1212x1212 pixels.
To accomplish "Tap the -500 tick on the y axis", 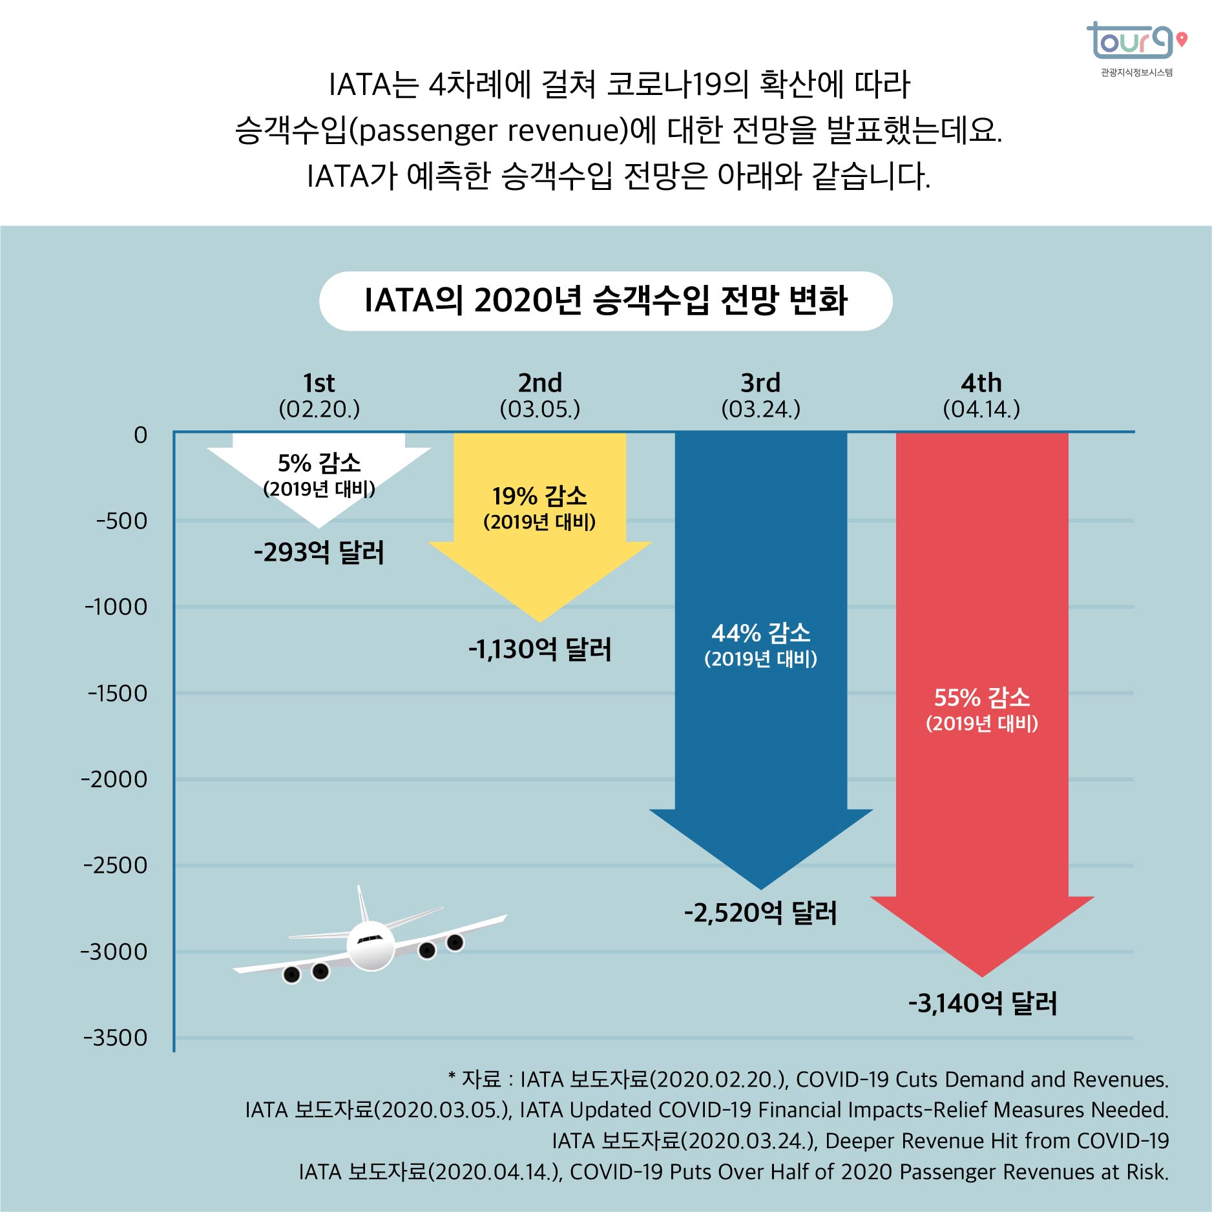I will pos(121,521).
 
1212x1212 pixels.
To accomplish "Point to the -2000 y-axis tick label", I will pos(114,779).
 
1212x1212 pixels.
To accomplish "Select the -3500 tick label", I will pos(116,1038).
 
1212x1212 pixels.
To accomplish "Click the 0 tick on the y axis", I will pos(140,435).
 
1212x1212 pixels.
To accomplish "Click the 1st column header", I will pos(319,383).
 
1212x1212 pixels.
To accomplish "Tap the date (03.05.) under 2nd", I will pos(539,409).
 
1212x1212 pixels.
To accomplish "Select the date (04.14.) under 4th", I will pos(981,409).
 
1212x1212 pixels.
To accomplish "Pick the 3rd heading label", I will pos(760,383).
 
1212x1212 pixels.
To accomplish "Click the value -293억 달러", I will pos(319,552).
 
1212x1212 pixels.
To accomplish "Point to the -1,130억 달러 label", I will pos(539,649).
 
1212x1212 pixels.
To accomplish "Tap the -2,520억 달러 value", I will pos(760,913).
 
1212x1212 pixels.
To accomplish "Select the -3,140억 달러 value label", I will pos(982,1003).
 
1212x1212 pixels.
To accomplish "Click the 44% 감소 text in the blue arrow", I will pos(760,633).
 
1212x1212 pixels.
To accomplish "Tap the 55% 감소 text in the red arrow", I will pos(982,698).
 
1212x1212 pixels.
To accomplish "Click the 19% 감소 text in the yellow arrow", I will pos(539,496).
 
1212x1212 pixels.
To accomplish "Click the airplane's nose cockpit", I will pos(370,939).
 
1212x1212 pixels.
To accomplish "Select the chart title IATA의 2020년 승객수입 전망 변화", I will pos(605,301).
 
